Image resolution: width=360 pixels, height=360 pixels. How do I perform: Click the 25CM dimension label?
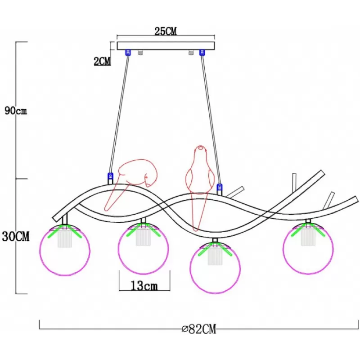click(166, 31)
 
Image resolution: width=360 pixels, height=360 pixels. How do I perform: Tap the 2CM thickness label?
click(102, 61)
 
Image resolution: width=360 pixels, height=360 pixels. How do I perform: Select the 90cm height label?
click(16, 111)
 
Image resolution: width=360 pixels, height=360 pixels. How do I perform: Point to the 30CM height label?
click(16, 236)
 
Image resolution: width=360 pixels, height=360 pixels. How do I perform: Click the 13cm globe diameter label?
click(144, 286)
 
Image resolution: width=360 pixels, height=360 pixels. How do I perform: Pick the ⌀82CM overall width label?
click(199, 329)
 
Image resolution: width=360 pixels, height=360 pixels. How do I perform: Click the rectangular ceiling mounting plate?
click(166, 46)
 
